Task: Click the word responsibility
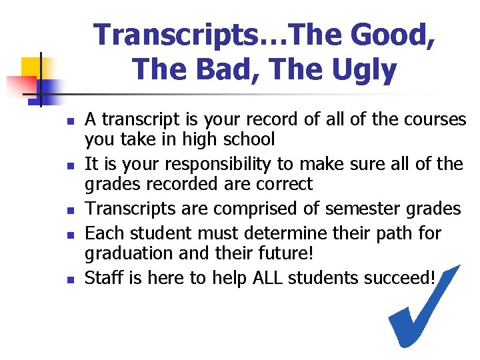point(219,165)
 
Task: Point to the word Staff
point(103,278)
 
